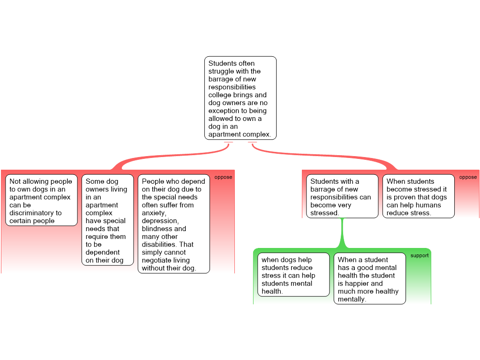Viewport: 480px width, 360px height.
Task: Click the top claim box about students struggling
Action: point(240,98)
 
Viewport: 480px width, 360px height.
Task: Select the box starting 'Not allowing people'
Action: point(41,200)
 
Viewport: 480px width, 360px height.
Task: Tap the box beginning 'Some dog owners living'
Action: point(107,220)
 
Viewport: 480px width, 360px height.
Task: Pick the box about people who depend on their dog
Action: point(174,224)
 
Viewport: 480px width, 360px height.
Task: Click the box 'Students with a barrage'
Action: point(342,196)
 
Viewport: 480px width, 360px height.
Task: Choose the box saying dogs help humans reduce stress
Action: point(419,196)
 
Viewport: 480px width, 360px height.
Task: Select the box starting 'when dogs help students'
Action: point(293,275)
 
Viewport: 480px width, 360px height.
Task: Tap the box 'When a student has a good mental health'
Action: point(370,278)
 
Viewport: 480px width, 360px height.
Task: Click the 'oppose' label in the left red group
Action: point(223,177)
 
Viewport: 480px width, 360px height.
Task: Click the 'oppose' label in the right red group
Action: point(468,177)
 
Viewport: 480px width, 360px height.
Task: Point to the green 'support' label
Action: point(420,255)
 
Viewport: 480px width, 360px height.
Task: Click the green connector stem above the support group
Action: point(342,233)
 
